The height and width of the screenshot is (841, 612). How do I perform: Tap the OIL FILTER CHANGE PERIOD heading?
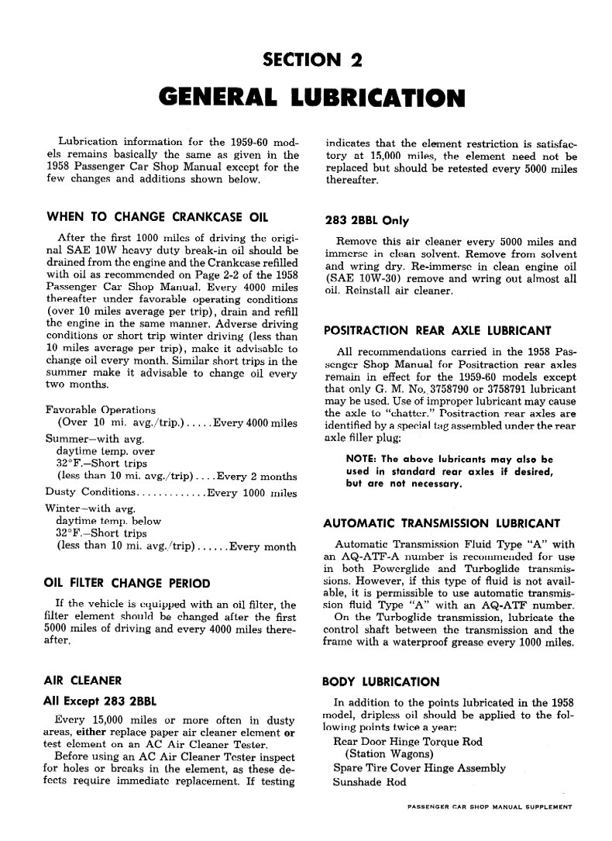(126, 582)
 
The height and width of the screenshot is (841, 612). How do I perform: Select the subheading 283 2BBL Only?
(366, 219)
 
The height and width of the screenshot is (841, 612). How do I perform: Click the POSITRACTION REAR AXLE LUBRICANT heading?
(438, 330)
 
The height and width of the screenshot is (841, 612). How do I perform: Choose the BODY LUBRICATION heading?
(380, 682)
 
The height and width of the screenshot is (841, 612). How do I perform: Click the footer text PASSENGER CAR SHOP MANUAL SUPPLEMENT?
(488, 807)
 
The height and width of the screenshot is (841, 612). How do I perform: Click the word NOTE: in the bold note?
(361, 458)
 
